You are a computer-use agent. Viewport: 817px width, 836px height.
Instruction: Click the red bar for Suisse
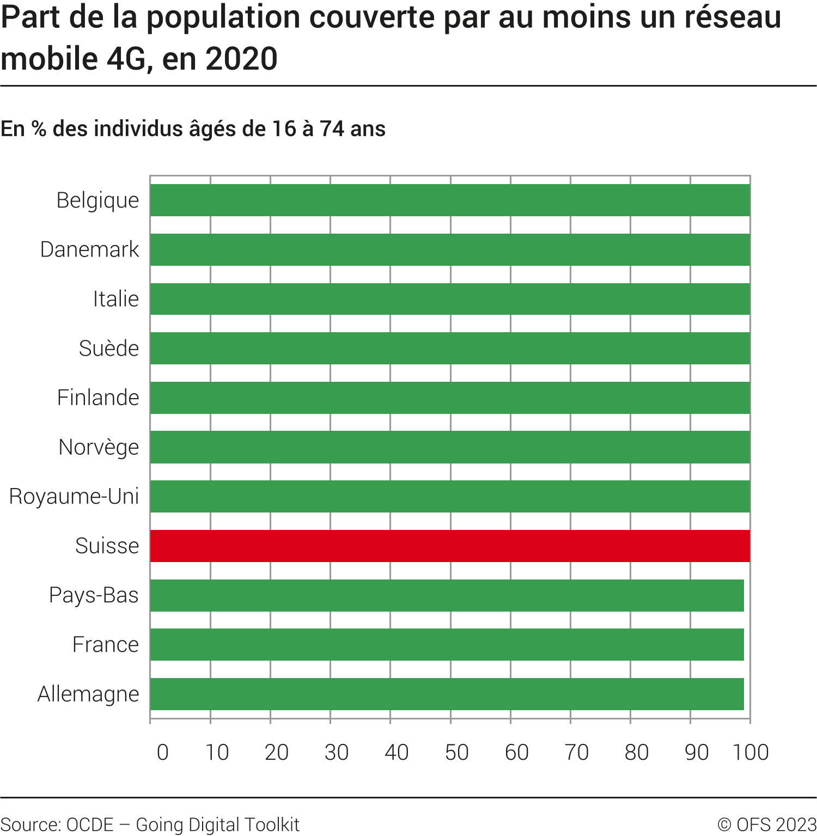tap(450, 546)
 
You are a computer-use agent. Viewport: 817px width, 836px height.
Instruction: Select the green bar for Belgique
tap(450, 200)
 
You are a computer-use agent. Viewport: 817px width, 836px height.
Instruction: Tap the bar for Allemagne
tap(447, 694)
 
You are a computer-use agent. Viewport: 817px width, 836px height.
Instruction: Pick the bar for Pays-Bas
tap(447, 595)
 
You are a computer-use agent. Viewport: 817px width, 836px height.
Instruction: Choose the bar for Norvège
tap(450, 447)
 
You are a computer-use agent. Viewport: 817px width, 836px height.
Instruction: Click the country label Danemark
tap(90, 249)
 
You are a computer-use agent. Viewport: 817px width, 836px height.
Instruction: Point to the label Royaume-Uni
tap(74, 497)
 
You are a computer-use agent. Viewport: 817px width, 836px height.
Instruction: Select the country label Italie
tap(116, 299)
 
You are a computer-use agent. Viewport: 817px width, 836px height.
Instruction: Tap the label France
tap(106, 645)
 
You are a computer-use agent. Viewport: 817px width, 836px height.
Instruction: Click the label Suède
tap(109, 349)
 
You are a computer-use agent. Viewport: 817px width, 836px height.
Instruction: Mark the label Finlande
tap(98, 398)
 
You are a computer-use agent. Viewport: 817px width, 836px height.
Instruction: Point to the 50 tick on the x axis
tap(456, 752)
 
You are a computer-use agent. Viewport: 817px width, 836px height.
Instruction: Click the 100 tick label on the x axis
tap(751, 752)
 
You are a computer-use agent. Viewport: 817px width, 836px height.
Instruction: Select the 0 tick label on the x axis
tap(162, 752)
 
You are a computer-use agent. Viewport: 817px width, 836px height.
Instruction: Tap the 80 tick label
tap(636, 752)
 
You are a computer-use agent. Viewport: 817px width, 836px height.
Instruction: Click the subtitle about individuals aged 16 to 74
tap(193, 129)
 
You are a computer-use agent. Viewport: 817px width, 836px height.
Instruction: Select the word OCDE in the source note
tap(90, 825)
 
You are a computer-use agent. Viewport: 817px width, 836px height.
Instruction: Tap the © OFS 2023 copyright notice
tap(767, 825)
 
